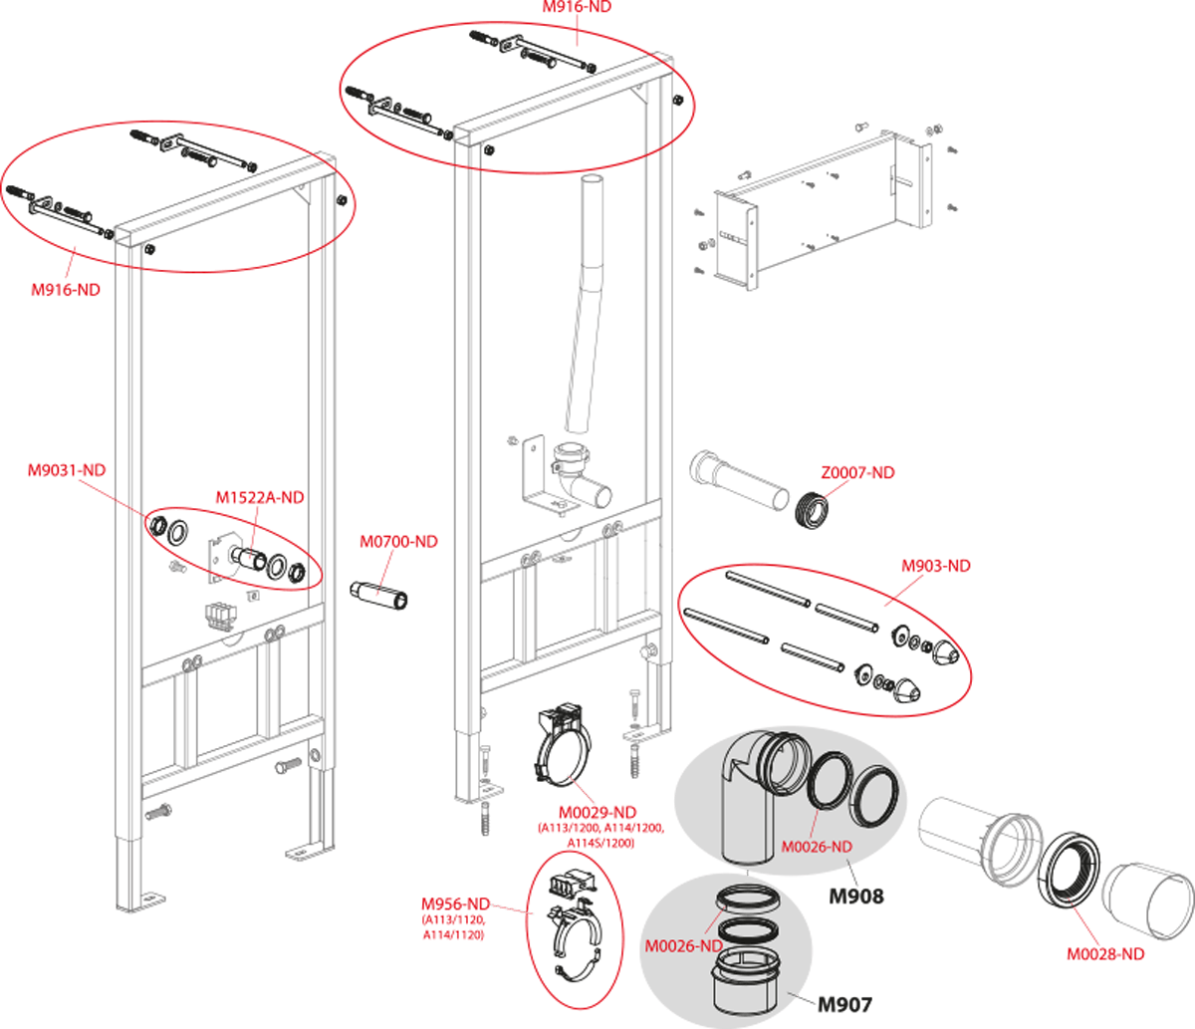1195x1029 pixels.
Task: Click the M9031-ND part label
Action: [x=67, y=470]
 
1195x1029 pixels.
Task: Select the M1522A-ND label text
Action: [x=260, y=497]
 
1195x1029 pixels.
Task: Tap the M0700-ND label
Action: [x=399, y=542]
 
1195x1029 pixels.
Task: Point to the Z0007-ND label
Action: [x=858, y=472]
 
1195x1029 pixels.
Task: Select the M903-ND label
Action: [x=936, y=566]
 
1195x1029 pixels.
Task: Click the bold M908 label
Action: [x=856, y=896]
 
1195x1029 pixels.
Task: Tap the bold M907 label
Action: [x=844, y=1005]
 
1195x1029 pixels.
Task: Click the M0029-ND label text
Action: [x=597, y=813]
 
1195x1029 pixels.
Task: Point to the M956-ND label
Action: [x=455, y=903]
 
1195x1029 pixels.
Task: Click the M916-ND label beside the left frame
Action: [x=66, y=290]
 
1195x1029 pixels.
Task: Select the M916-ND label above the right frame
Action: [x=577, y=7]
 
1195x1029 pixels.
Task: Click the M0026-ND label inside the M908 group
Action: [x=817, y=847]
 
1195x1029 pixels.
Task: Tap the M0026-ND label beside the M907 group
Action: [x=684, y=945]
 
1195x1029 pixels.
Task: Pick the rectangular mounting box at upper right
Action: [x=821, y=211]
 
